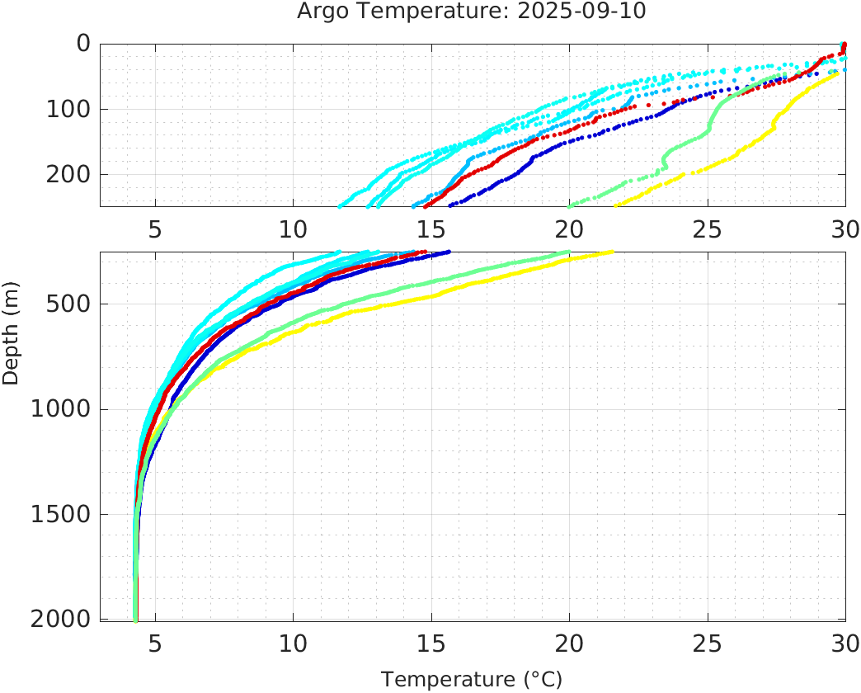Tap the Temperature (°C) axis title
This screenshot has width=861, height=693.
[x=472, y=680]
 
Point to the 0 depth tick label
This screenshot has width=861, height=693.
[x=82, y=44]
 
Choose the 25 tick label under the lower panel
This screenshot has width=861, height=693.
[x=707, y=643]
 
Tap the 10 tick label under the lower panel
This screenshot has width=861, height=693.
[x=293, y=643]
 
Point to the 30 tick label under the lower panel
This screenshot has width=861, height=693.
[x=845, y=643]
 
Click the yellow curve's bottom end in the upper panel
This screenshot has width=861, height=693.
[x=615, y=205]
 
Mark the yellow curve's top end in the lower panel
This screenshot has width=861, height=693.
[x=610, y=252]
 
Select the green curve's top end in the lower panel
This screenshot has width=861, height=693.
[x=568, y=252]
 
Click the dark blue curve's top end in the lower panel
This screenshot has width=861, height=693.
[x=448, y=252]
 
